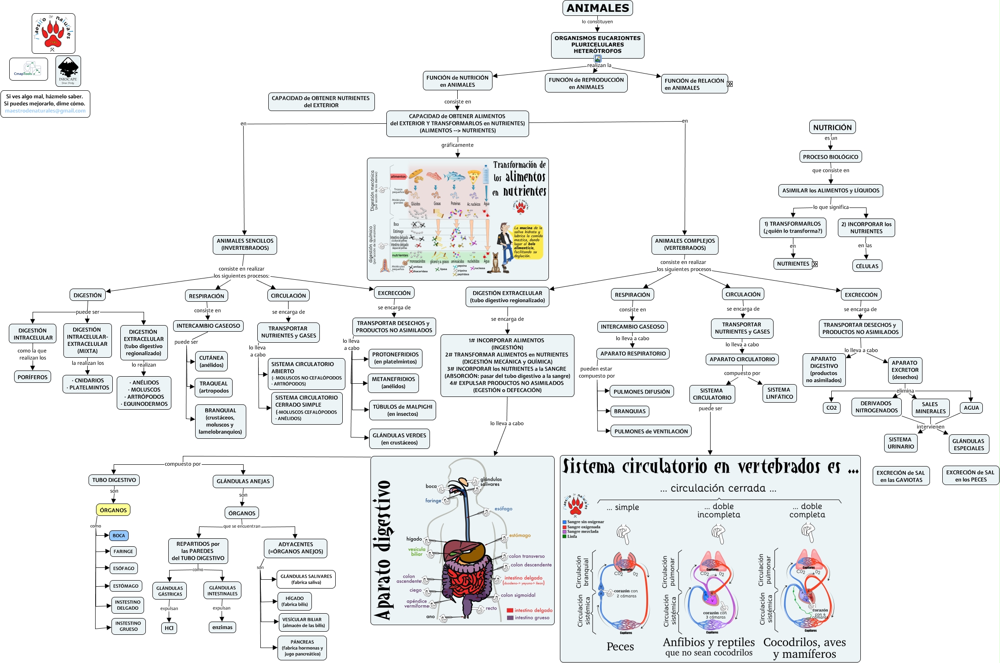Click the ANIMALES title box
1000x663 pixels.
[x=597, y=8]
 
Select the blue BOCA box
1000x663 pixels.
[x=119, y=536]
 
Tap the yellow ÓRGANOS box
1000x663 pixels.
[x=113, y=510]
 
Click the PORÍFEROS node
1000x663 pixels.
[x=33, y=377]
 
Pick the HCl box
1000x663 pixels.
[x=169, y=628]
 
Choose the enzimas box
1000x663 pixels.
[x=222, y=627]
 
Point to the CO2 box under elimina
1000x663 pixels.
[x=831, y=408]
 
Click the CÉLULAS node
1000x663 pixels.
[x=867, y=266]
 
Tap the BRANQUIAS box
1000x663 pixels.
[x=630, y=411]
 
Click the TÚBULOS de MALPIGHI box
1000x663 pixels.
[x=402, y=410]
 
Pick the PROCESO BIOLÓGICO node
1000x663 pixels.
[x=830, y=157]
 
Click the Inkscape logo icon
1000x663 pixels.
[x=68, y=71]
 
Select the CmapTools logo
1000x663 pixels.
[x=29, y=69]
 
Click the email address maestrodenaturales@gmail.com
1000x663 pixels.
[x=45, y=111]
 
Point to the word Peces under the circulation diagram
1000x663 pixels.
[x=620, y=646]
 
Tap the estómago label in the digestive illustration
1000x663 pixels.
[x=520, y=536]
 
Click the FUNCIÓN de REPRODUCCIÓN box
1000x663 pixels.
[x=586, y=83]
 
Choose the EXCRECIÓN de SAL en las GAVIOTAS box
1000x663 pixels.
[x=901, y=476]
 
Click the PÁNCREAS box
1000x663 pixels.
[x=302, y=648]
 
